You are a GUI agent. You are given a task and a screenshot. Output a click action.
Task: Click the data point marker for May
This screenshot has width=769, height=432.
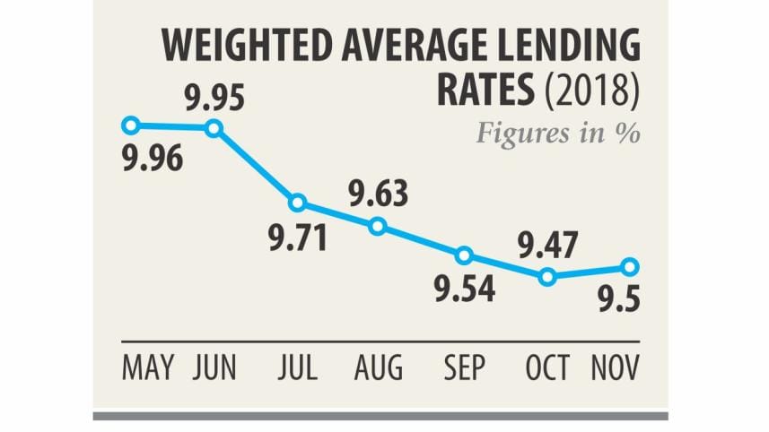pyautogui.click(x=131, y=125)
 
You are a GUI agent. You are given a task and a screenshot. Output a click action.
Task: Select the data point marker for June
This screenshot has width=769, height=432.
pyautogui.click(x=214, y=128)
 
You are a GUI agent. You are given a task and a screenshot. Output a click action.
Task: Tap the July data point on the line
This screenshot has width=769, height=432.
pyautogui.click(x=298, y=203)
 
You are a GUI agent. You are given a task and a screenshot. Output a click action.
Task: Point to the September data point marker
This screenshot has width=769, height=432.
pyautogui.click(x=464, y=255)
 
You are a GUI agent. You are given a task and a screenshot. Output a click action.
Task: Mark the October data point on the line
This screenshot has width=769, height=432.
pyautogui.click(x=547, y=278)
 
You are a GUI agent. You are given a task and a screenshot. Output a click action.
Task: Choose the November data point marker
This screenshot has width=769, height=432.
pyautogui.click(x=630, y=266)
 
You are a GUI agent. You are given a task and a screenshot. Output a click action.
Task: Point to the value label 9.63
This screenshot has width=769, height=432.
pyautogui.click(x=378, y=193)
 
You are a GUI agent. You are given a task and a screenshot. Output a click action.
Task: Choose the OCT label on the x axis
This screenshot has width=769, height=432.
pyautogui.click(x=546, y=367)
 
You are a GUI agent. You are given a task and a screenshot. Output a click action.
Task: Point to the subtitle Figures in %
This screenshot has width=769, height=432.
pyautogui.click(x=556, y=134)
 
